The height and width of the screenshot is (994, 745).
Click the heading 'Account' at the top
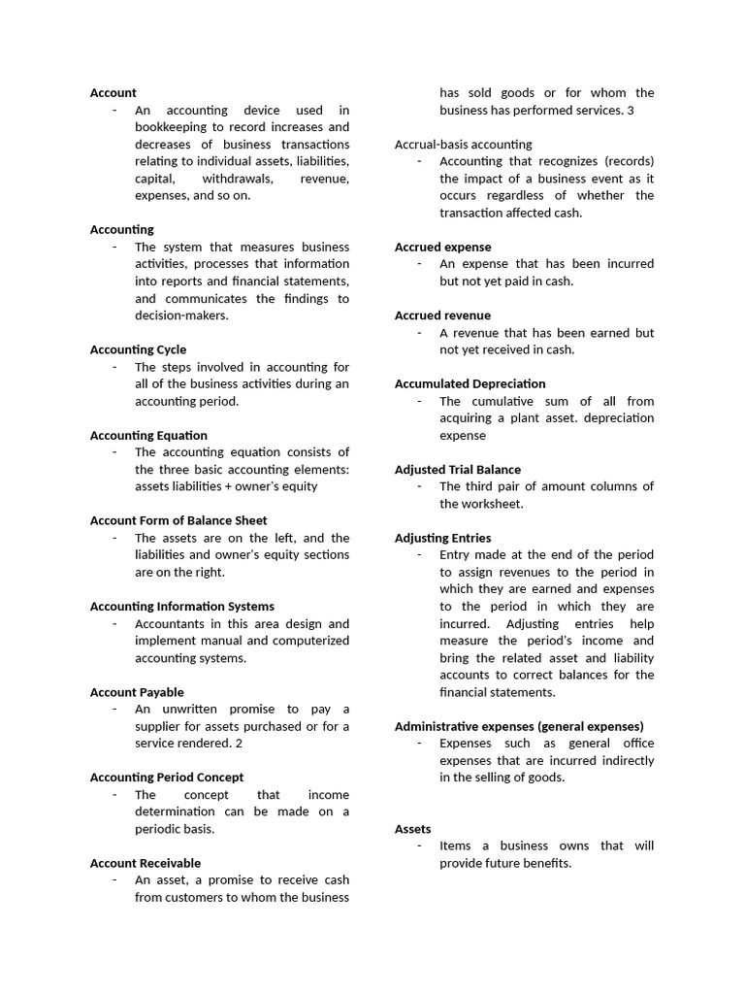[x=113, y=93]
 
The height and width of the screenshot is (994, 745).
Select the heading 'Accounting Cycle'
[x=138, y=349]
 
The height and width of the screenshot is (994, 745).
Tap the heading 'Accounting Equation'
[x=148, y=435]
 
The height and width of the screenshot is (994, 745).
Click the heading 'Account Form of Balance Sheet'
[x=178, y=520]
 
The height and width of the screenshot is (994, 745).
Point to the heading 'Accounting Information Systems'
[x=182, y=607]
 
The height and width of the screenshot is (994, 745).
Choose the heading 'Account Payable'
[x=137, y=692]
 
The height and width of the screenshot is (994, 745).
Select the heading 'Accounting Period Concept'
[x=167, y=778]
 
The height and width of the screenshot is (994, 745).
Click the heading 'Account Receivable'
[x=146, y=863]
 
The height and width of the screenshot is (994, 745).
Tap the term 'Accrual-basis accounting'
[x=463, y=145]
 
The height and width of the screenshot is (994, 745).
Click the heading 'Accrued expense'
[x=442, y=248]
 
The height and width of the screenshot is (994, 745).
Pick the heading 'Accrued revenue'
[x=442, y=315]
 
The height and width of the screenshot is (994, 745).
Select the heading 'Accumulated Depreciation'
[x=470, y=384]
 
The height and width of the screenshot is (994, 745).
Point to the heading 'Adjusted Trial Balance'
[x=457, y=470]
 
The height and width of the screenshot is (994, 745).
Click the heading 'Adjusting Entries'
[x=442, y=538]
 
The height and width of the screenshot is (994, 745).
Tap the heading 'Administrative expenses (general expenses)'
[x=519, y=726]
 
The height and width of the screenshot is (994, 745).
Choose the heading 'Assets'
[x=412, y=829]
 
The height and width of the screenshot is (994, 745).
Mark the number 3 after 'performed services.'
[x=631, y=111]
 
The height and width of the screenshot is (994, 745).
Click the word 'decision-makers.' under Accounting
[x=181, y=315]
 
